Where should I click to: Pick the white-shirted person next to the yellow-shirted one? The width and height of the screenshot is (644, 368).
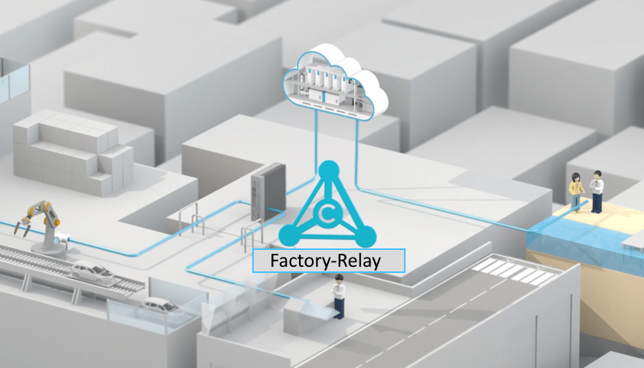596,190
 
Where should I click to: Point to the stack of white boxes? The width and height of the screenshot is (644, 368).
72,153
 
